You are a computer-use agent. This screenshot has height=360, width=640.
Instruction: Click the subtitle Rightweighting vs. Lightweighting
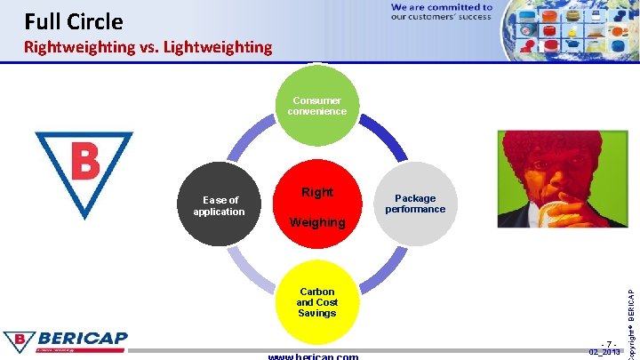click(148, 47)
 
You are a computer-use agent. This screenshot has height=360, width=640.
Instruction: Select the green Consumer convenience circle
click(317, 107)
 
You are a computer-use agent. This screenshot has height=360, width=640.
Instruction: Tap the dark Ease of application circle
click(219, 206)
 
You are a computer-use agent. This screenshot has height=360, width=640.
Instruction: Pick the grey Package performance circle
click(415, 204)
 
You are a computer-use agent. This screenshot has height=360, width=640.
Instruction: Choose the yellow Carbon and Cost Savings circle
click(317, 302)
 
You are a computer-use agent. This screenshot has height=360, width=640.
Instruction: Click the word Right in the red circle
click(317, 192)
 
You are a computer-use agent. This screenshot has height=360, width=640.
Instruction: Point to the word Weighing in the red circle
click(317, 222)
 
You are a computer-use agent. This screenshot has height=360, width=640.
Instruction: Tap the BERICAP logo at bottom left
click(66, 342)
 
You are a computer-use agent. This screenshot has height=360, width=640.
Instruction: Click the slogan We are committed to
click(441, 6)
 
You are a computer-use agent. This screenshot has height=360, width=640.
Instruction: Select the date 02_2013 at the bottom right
click(605, 353)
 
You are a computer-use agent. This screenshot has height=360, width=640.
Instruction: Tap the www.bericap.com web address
click(313, 356)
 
